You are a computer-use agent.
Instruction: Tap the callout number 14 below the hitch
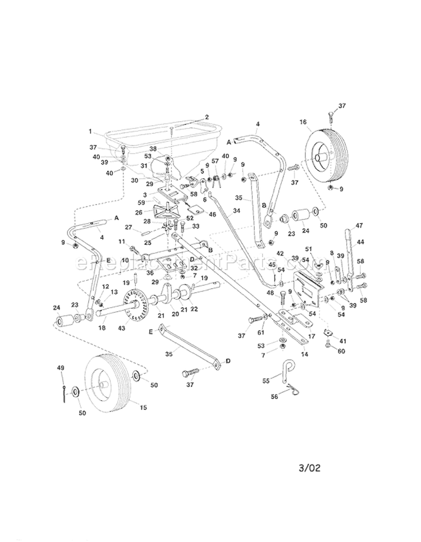pos(305,354)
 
